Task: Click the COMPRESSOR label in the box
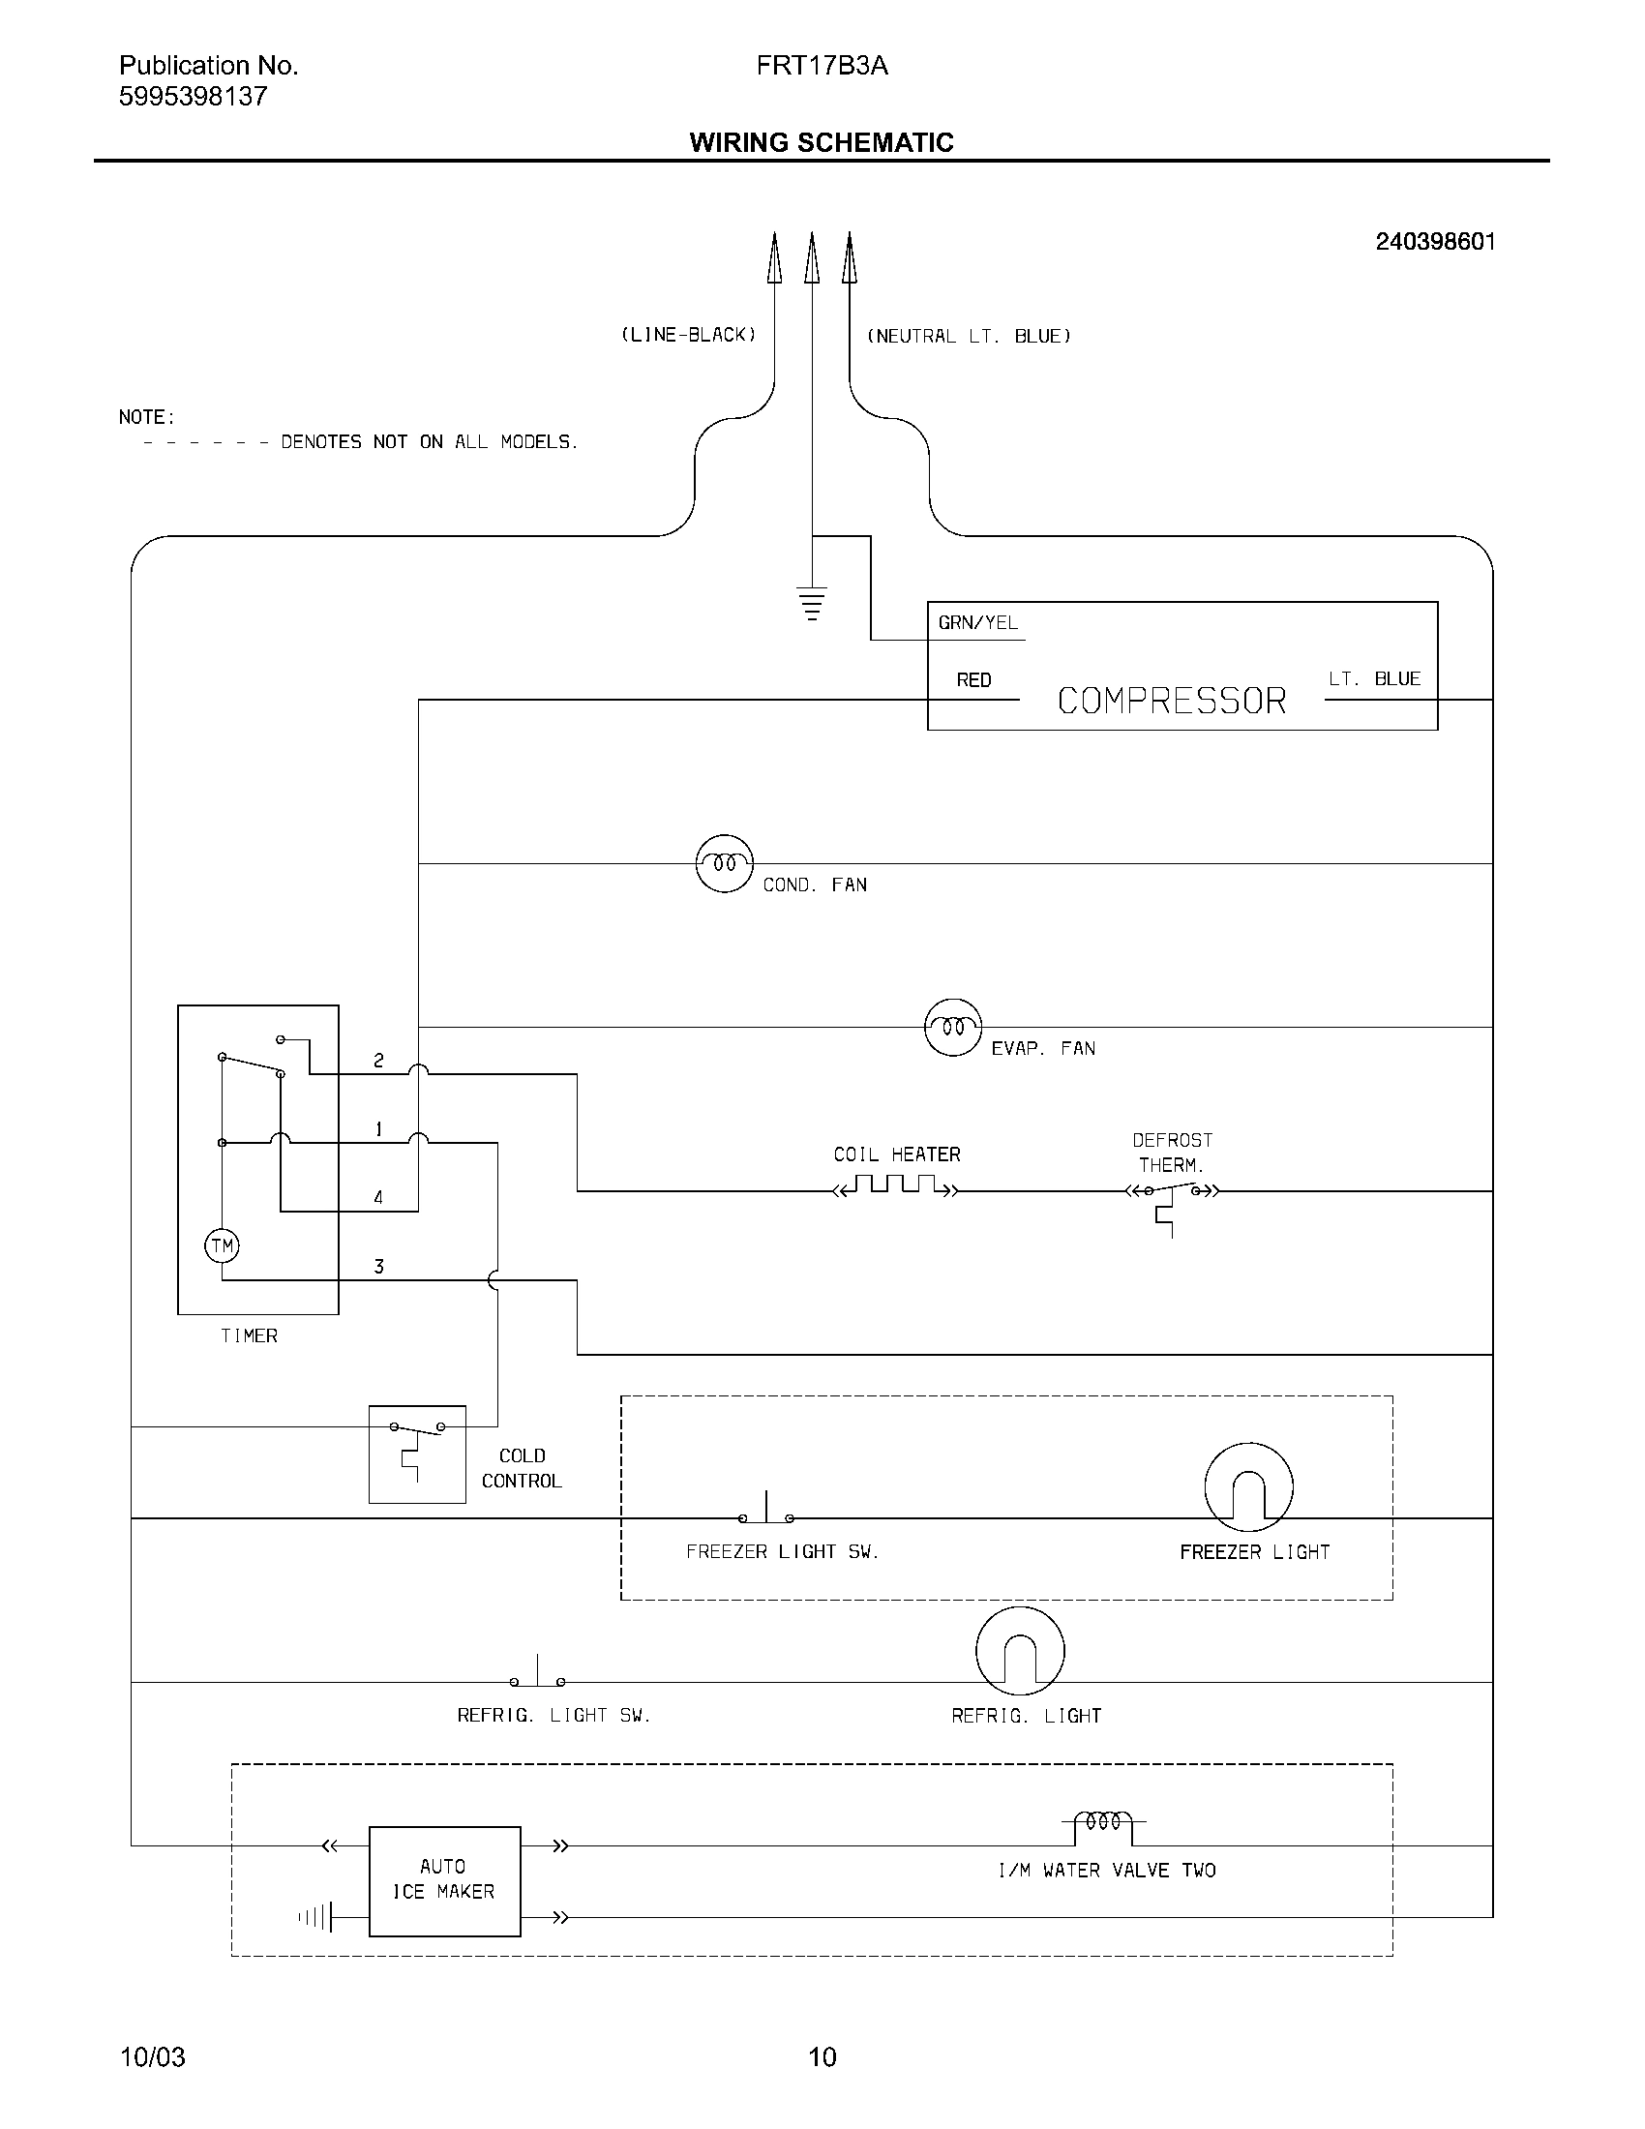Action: tap(1172, 701)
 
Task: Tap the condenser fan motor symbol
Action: tap(724, 863)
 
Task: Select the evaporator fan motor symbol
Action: tap(952, 1028)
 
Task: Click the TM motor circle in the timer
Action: tap(223, 1245)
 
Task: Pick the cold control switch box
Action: tap(417, 1454)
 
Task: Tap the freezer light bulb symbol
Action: tap(1248, 1486)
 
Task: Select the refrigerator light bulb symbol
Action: tap(1019, 1651)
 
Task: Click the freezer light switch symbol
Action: tap(766, 1512)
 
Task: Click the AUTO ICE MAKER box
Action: tap(444, 1880)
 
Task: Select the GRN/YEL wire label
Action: tap(977, 623)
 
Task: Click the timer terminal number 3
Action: tap(379, 1267)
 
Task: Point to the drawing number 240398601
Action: tap(1434, 242)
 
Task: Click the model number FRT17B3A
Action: tap(822, 66)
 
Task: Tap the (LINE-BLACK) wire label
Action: tap(688, 336)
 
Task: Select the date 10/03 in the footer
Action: tap(152, 2056)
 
